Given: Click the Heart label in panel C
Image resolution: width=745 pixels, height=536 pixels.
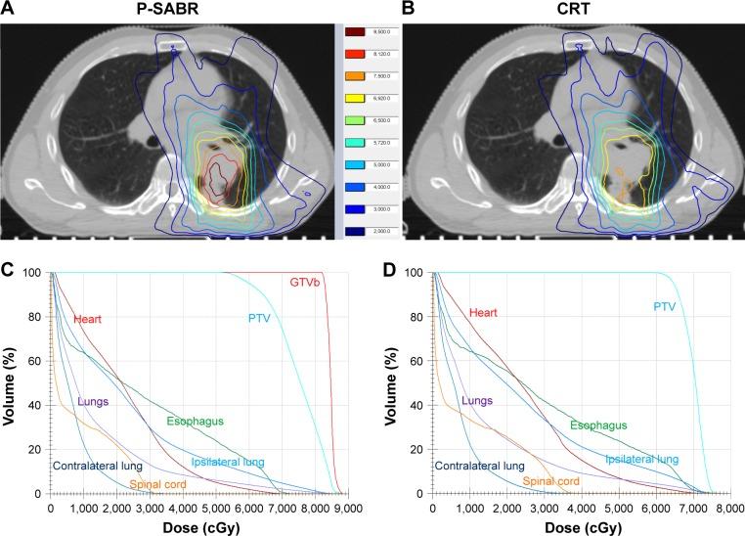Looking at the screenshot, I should (88, 319).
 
